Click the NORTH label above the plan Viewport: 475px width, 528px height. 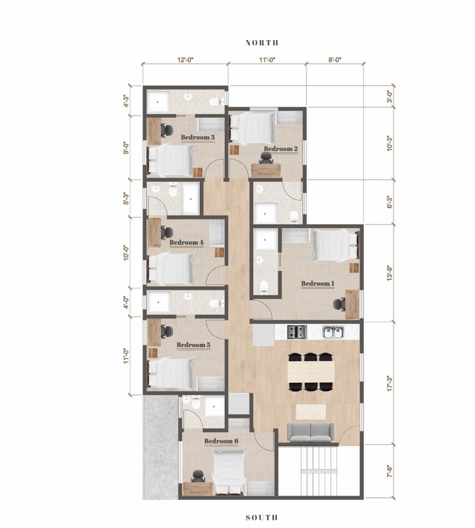pos(262,43)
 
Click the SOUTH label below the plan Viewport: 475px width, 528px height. pos(261,517)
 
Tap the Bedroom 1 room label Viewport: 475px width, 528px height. pos(318,283)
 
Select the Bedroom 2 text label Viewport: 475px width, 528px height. pos(280,148)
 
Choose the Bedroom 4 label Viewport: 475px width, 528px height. pos(186,242)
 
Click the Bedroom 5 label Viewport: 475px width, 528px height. pos(193,344)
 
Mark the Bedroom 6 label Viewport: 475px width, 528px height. pos(221,441)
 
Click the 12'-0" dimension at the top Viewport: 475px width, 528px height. pos(185,61)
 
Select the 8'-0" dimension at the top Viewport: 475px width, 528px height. pos(335,61)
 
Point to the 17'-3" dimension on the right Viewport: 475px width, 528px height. pos(390,383)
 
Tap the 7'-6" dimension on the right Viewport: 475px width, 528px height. pos(390,471)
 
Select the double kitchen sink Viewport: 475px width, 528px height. pos(333,331)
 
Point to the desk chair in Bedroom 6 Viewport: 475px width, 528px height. pos(198,477)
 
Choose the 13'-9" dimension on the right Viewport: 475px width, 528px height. pos(390,273)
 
